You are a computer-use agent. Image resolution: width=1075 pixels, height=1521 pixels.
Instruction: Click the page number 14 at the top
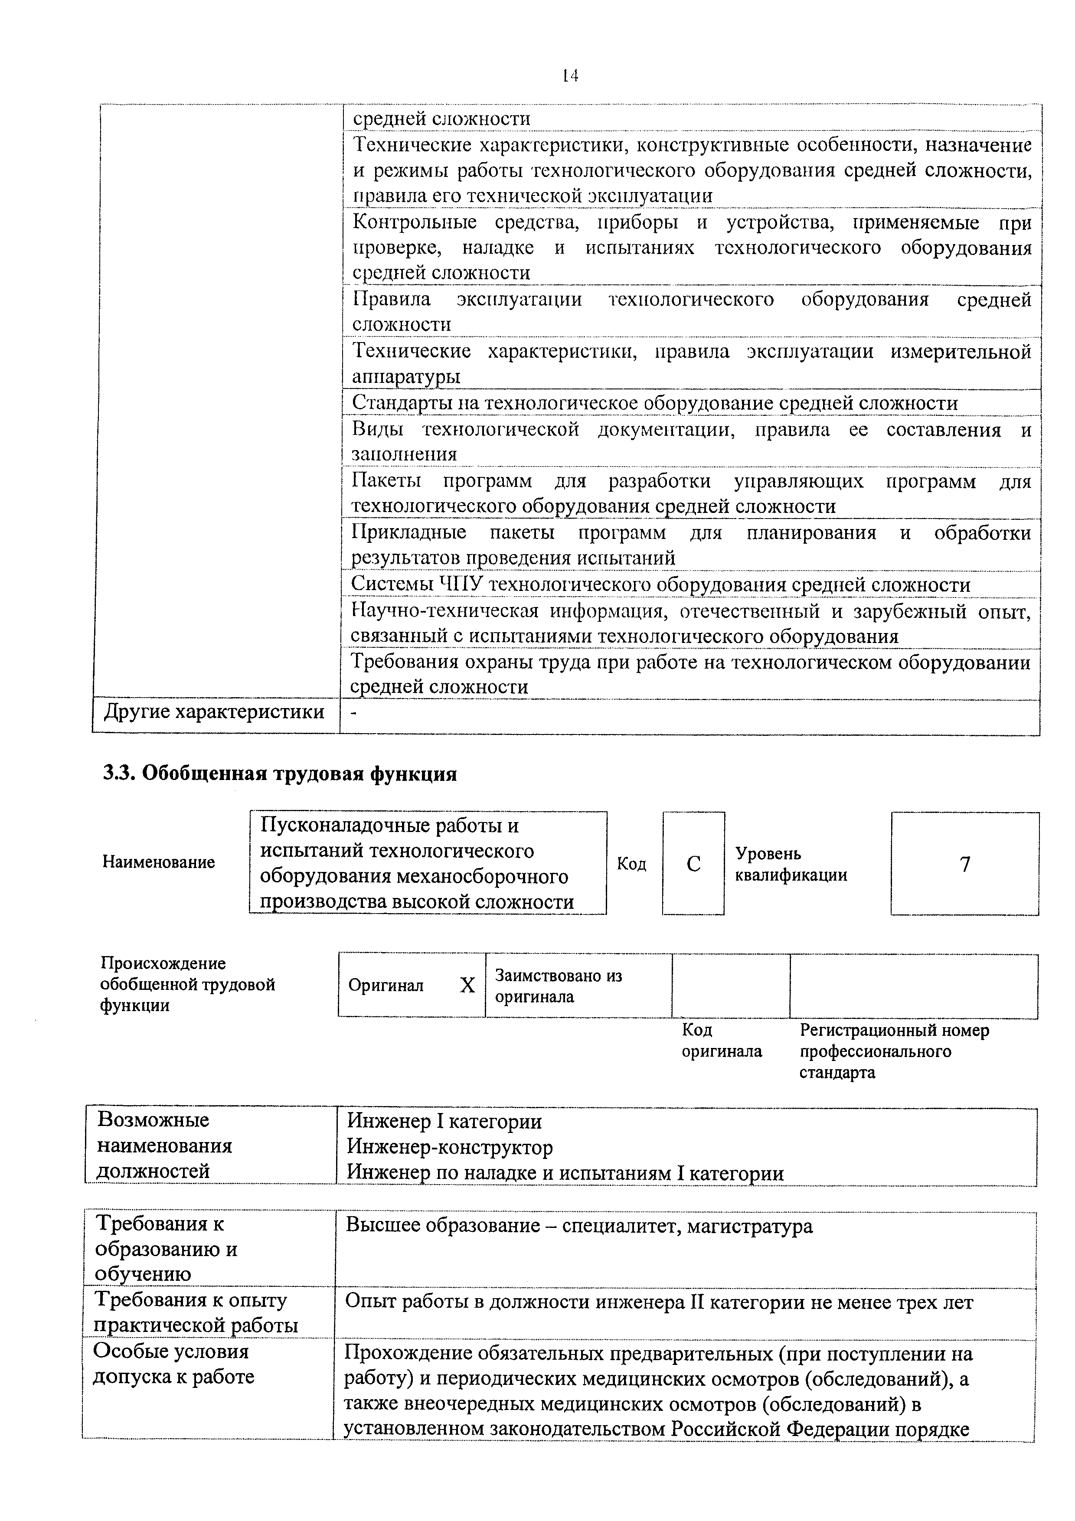570,76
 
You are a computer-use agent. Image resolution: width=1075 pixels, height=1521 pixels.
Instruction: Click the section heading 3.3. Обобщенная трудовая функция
280,773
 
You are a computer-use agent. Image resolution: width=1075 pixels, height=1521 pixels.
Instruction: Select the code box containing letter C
693,863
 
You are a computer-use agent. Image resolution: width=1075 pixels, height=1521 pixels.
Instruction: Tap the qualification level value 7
965,864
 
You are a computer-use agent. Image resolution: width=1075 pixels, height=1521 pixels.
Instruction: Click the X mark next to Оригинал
467,985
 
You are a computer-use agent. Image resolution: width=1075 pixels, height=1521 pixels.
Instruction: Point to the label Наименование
159,862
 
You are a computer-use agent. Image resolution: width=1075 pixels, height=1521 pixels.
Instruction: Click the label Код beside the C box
631,863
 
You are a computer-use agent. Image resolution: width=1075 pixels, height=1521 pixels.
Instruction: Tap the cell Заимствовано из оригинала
559,986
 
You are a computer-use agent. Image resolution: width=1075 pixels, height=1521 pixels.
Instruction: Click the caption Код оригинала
721,1041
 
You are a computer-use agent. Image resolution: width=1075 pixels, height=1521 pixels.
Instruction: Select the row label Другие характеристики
214,712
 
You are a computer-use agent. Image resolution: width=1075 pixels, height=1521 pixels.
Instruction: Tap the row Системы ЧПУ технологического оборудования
660,584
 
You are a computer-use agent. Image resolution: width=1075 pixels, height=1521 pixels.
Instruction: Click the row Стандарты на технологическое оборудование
654,403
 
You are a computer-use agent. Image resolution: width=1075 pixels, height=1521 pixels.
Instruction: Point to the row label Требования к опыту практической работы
196,1313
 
